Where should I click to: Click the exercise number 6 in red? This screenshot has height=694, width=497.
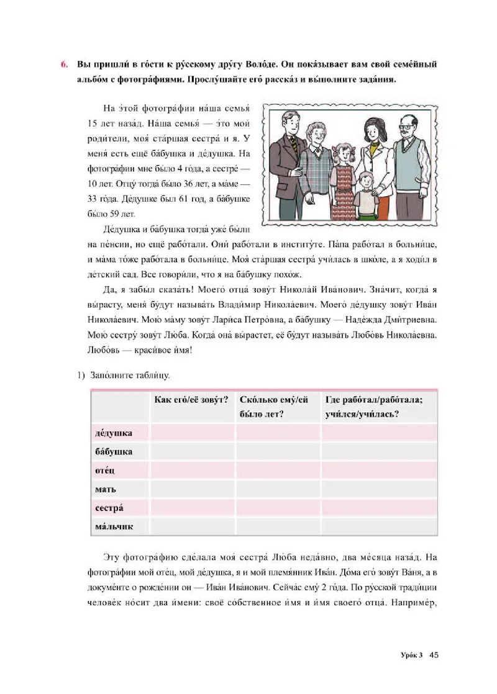point(63,64)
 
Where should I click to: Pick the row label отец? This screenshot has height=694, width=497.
point(105,471)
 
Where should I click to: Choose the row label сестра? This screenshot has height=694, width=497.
point(109,508)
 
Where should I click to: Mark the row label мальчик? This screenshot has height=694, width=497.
point(114,527)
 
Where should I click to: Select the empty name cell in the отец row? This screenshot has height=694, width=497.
point(192,471)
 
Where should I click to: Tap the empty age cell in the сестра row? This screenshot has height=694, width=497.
point(278,508)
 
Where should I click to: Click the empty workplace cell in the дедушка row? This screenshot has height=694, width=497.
point(378,433)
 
